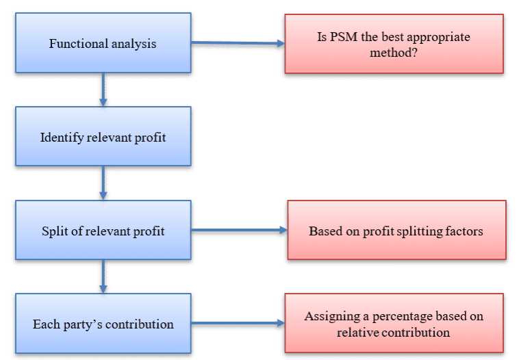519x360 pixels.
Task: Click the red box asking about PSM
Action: tap(394, 44)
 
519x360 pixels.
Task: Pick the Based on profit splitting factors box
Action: tap(396, 230)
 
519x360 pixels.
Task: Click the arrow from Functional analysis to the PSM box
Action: tap(237, 43)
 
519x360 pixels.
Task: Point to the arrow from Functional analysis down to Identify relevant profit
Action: tap(103, 89)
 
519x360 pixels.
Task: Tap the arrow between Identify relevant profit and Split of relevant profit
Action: tap(103, 182)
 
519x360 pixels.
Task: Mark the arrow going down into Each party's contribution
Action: tap(103, 276)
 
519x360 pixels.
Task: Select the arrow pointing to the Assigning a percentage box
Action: tap(237, 324)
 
